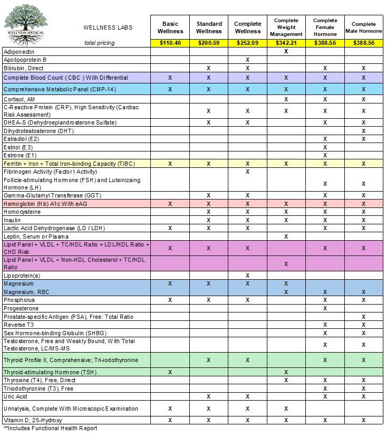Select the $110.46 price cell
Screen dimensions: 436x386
170,43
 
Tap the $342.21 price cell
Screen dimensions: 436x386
286,43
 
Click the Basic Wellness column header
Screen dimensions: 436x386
170,27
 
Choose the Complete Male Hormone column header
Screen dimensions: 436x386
364,27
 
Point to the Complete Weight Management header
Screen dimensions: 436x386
286,27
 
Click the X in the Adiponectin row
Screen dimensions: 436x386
286,52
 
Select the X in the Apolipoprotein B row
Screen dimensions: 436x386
247,60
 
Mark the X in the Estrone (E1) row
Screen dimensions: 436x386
325,155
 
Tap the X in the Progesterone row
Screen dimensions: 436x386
325,308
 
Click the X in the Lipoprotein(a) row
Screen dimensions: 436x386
247,276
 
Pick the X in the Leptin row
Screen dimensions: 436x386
286,236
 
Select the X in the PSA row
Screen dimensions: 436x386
364,317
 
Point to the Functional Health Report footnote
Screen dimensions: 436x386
51,428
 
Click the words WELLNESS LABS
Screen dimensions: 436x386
108,27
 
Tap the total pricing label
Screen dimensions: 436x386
99,43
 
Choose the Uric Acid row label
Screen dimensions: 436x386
15,396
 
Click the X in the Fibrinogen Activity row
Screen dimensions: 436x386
247,172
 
